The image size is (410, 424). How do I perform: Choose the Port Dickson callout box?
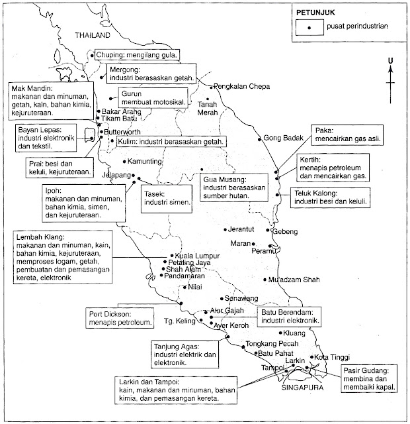[x=117, y=319]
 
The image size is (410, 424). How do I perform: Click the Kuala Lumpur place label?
[x=198, y=255]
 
